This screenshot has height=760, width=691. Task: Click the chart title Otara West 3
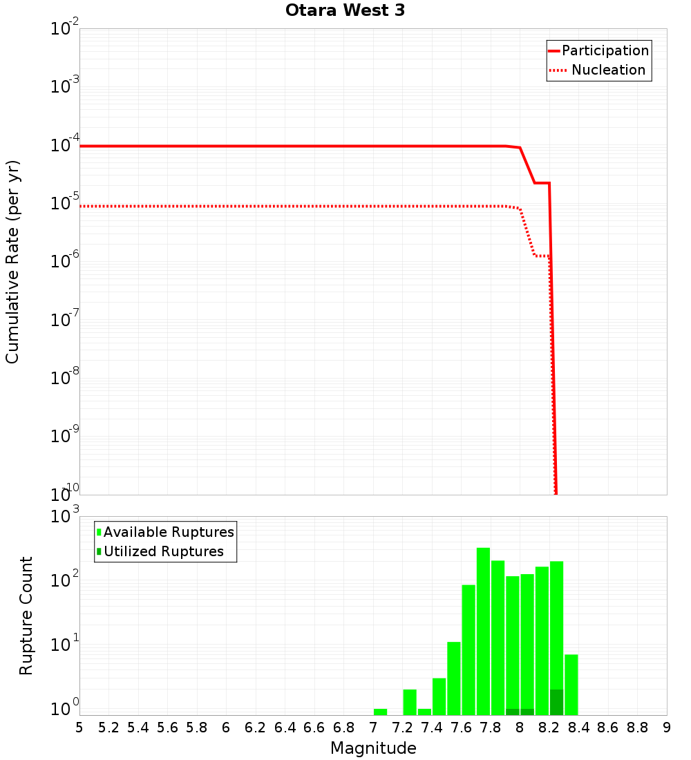345,10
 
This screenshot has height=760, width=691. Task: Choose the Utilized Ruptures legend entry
163,551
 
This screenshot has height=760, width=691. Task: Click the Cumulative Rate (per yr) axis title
12,262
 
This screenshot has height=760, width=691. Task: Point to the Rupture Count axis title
26,616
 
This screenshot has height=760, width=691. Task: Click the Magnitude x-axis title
373,748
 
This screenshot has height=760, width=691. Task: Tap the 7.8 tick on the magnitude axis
491,728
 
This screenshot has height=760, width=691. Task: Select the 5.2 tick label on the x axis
109,728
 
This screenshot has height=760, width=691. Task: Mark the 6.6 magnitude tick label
314,728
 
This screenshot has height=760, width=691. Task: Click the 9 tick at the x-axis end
667,728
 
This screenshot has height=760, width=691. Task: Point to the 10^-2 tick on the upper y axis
65,29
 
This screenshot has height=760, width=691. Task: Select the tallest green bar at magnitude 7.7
483,631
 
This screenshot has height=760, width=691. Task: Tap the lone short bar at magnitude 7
380,712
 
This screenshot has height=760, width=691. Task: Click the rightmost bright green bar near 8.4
571,684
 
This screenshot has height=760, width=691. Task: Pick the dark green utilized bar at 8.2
556,702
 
